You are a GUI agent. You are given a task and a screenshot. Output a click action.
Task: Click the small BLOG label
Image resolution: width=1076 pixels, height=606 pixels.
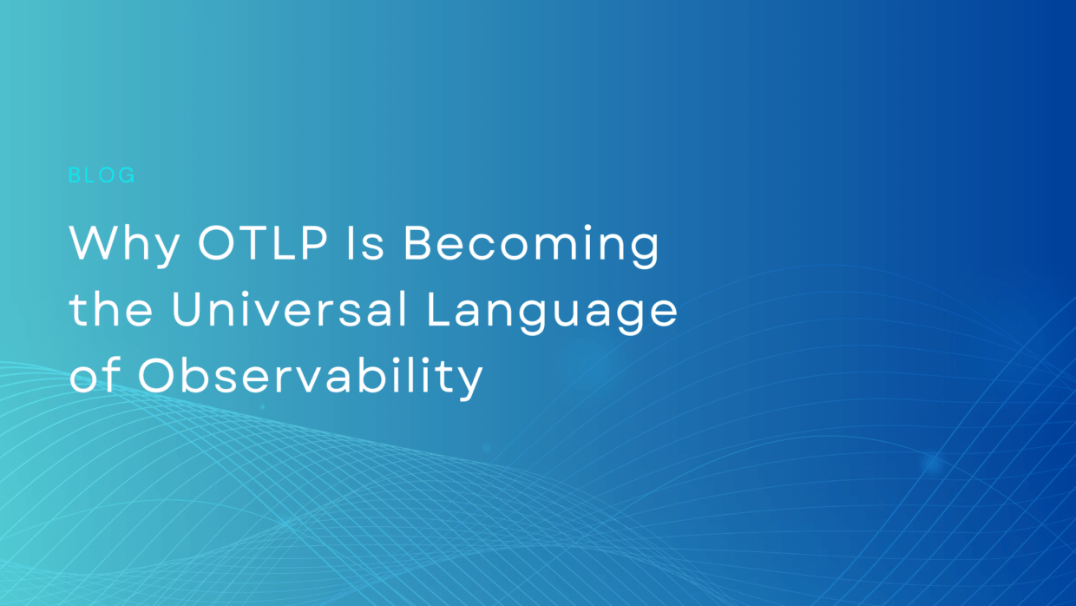[102, 175]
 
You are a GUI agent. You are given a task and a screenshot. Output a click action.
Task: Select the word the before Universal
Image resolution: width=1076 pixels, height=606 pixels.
[111, 311]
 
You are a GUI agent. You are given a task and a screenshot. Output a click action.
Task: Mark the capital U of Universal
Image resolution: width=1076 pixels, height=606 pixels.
[190, 311]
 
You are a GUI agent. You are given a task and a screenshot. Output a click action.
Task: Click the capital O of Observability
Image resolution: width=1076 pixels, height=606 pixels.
[160, 377]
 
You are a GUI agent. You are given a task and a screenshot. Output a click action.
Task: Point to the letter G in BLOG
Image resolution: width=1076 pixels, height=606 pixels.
[127, 175]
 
